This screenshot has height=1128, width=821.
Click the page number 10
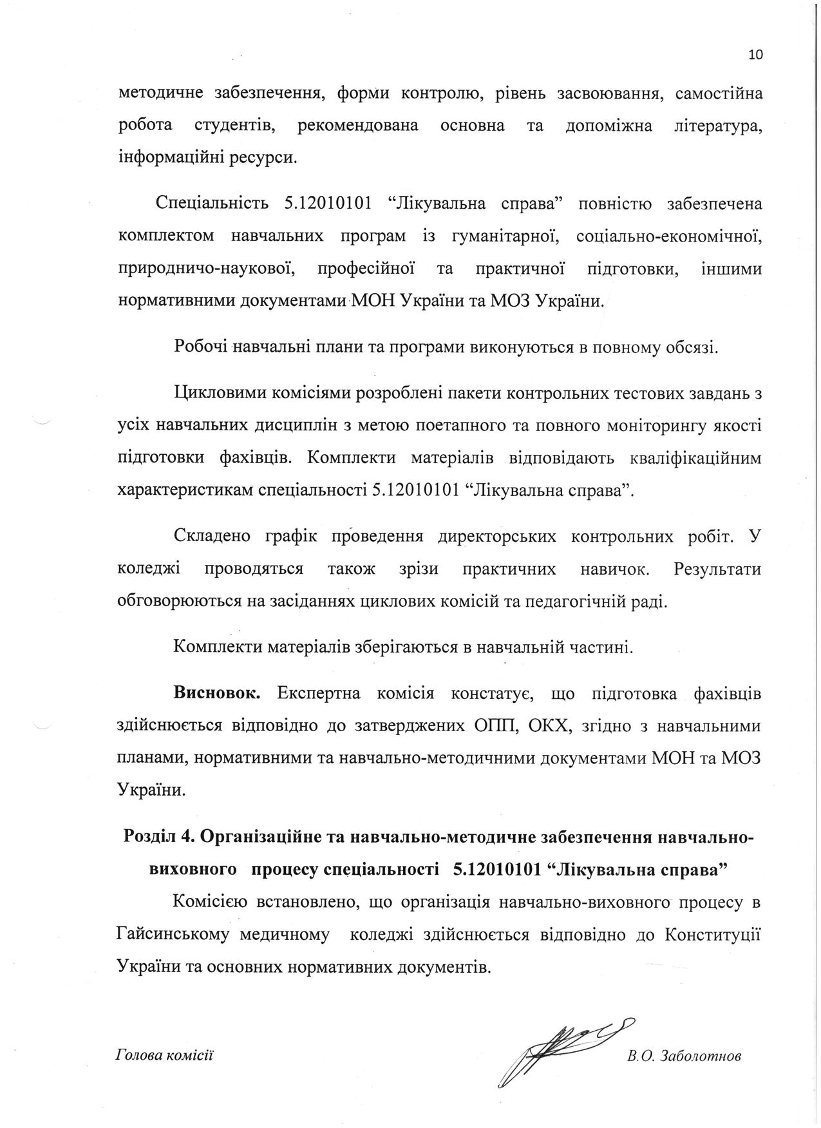[755, 55]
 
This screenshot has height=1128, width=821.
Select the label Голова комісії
[164, 1055]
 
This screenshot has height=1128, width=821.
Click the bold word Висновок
[216, 694]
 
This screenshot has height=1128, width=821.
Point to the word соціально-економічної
[669, 236]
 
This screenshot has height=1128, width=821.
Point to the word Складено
[207, 537]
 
